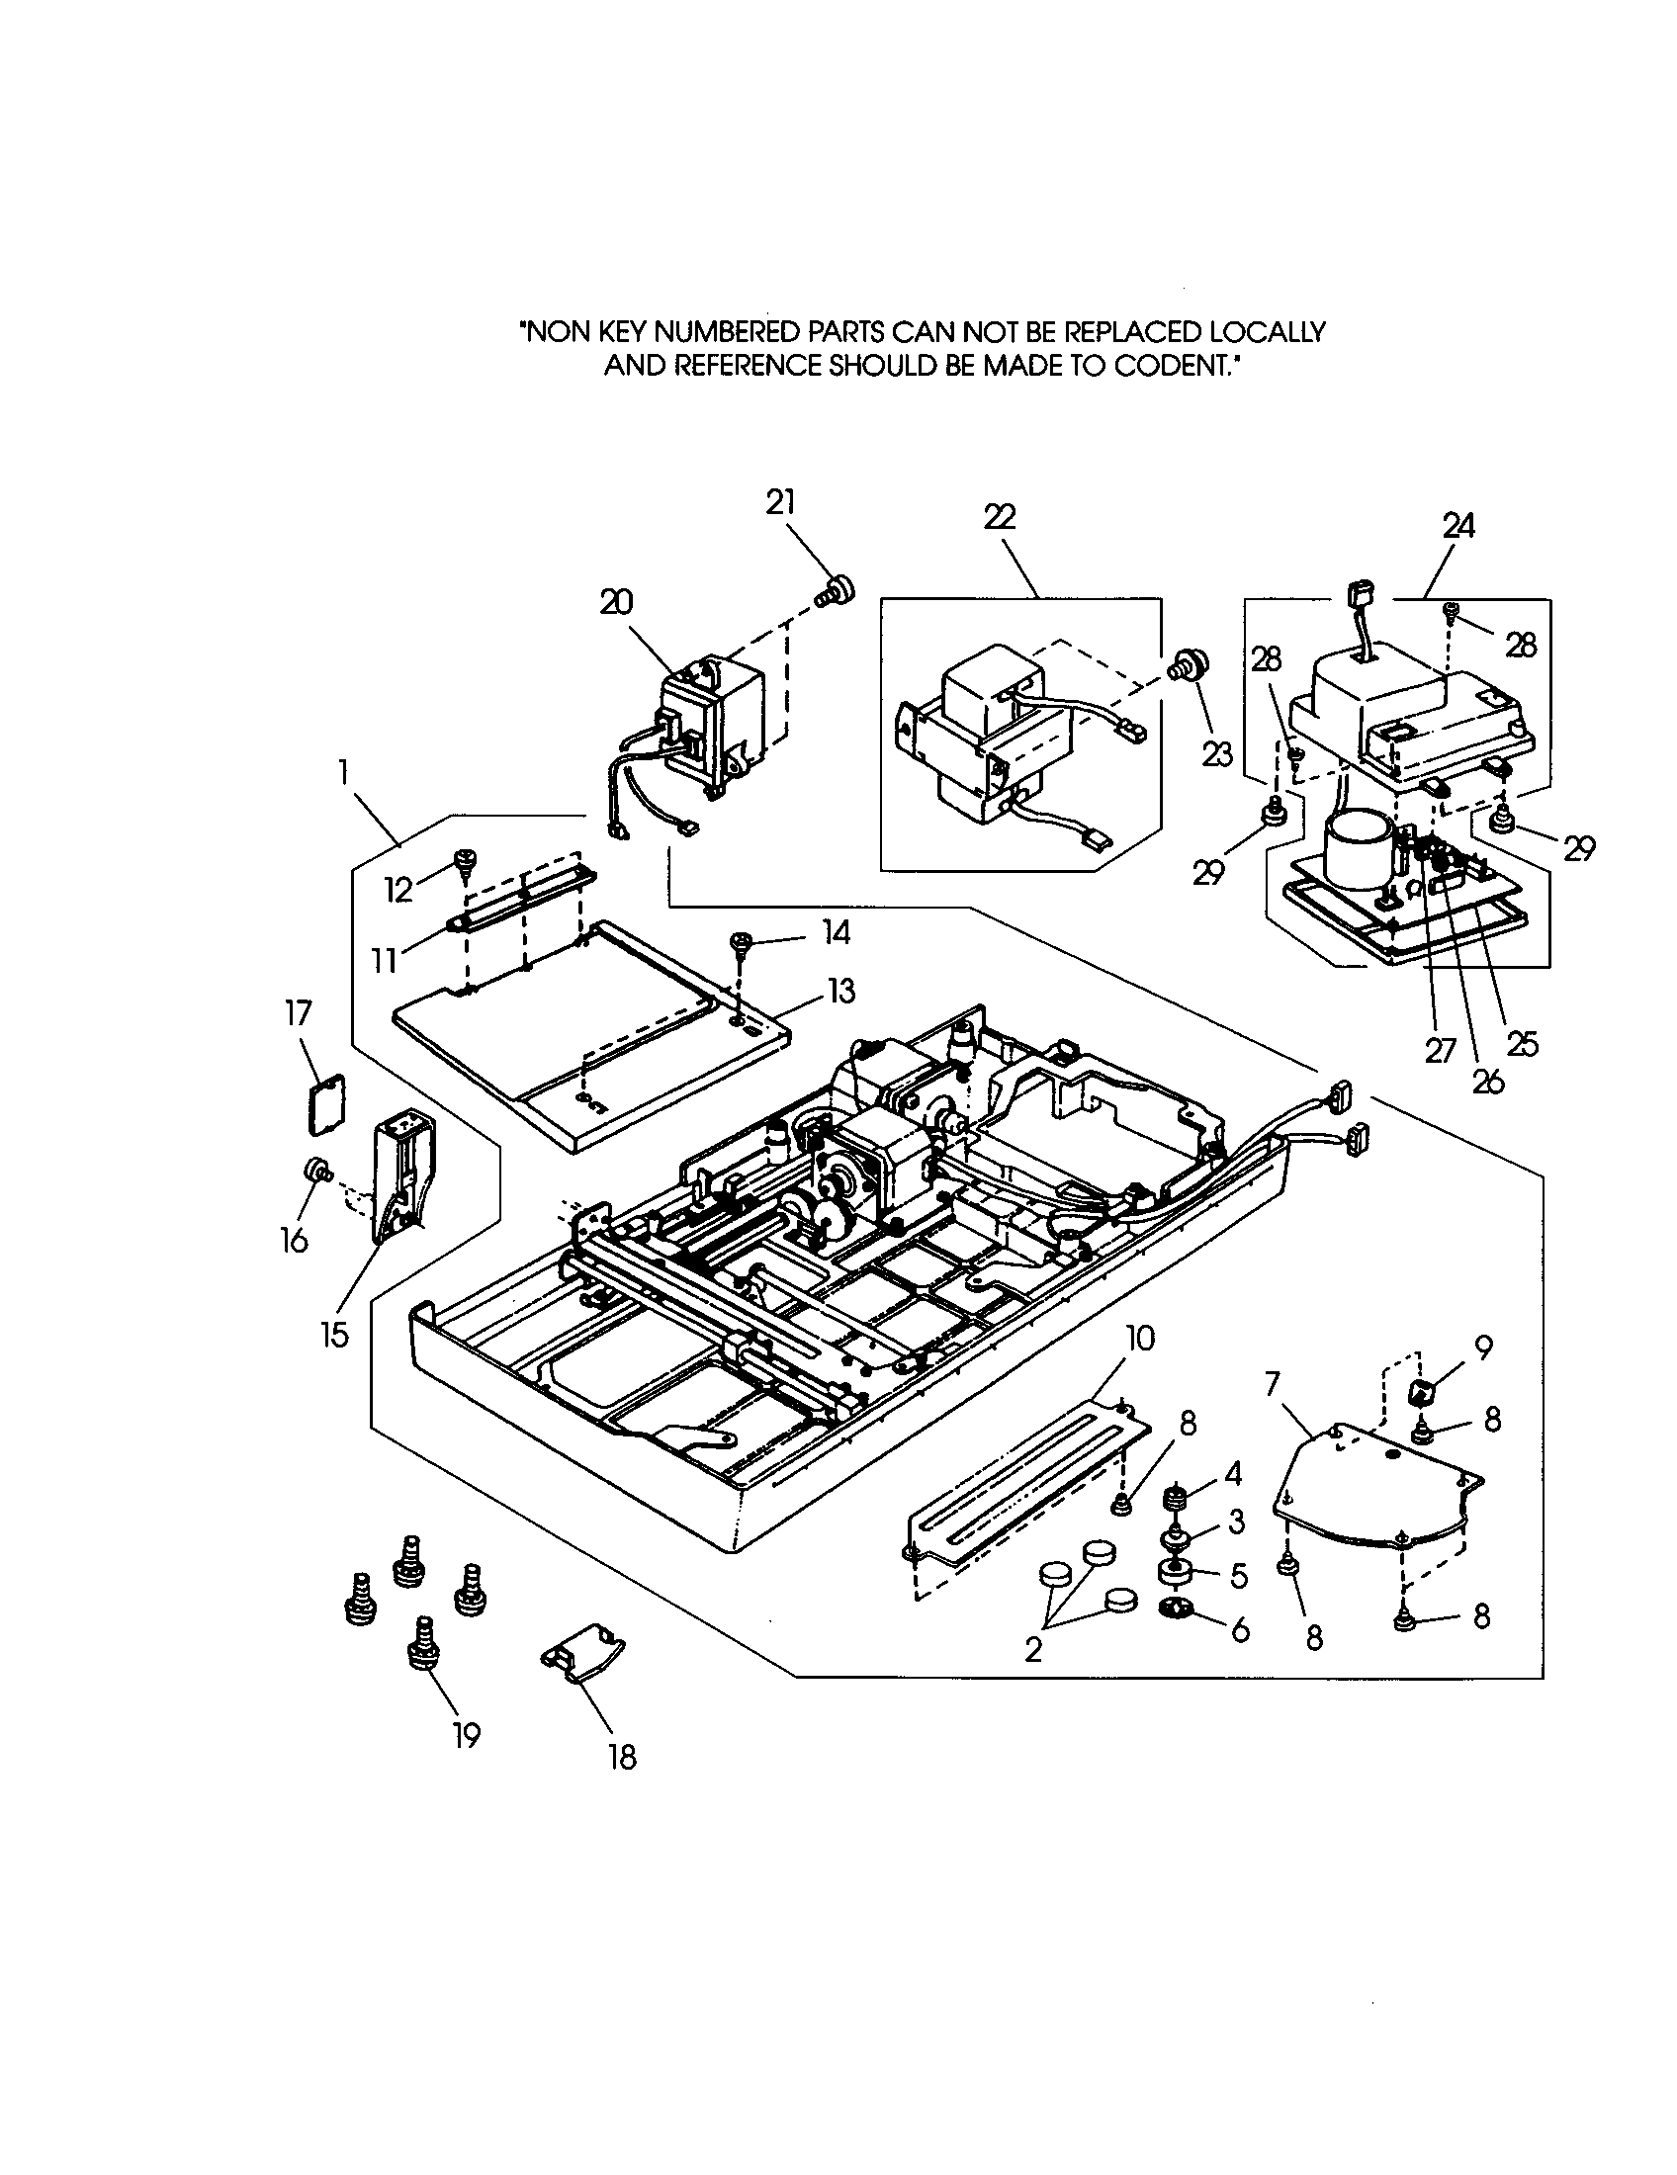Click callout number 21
pyautogui.click(x=781, y=502)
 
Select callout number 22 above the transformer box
pyautogui.click(x=999, y=517)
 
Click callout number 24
pyautogui.click(x=1457, y=525)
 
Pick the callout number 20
pyautogui.click(x=616, y=602)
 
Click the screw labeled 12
pyautogui.click(x=464, y=860)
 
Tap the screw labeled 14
pyautogui.click(x=741, y=940)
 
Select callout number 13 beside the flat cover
pyautogui.click(x=839, y=991)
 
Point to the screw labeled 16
pyautogui.click(x=318, y=1170)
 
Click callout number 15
pyautogui.click(x=334, y=1334)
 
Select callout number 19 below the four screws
pyautogui.click(x=466, y=1735)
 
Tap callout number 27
pyautogui.click(x=1439, y=1050)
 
